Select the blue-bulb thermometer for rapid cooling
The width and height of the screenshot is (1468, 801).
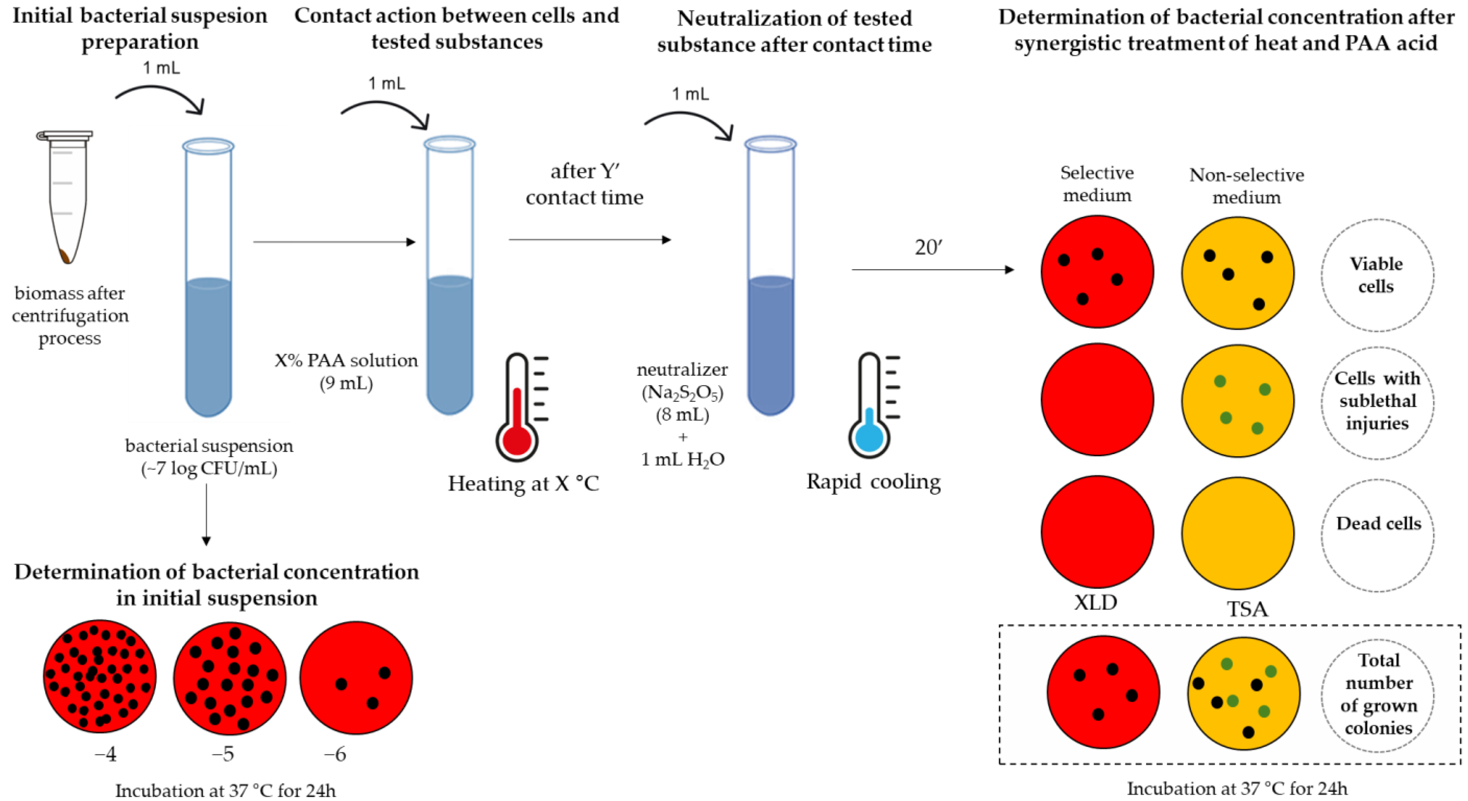[x=871, y=406]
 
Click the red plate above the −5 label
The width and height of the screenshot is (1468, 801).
[x=230, y=677]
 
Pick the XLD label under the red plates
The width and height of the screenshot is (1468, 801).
[x=1095, y=602]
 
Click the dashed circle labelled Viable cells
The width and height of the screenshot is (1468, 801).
[x=1377, y=275]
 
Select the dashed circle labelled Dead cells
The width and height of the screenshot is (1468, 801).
[x=1378, y=535]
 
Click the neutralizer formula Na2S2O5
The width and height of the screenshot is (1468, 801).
[x=682, y=393]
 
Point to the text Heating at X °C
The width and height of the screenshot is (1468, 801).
[x=523, y=483]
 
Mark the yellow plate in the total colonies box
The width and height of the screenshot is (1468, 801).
[x=1243, y=693]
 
